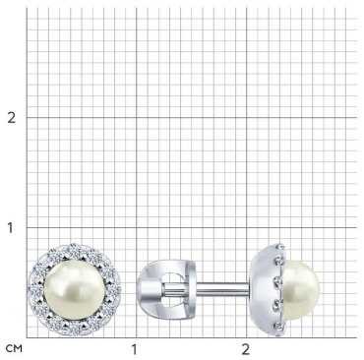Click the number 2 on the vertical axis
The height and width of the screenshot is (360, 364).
pyautogui.click(x=12, y=117)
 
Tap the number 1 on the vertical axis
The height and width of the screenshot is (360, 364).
pyautogui.click(x=11, y=227)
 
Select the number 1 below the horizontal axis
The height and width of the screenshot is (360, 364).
pyautogui.click(x=134, y=349)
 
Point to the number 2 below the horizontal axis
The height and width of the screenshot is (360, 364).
pyautogui.click(x=246, y=349)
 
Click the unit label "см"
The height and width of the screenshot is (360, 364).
pyautogui.click(x=14, y=348)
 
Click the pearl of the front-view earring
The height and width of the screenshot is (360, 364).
pyautogui.click(x=74, y=290)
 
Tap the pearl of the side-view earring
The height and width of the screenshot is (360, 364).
pyautogui.click(x=301, y=290)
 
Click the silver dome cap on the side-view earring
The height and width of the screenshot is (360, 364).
pyautogui.click(x=263, y=290)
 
